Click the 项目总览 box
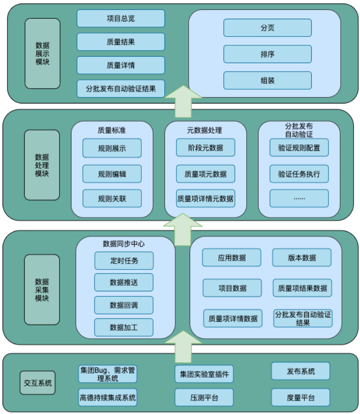[121, 19]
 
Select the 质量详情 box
[121, 65]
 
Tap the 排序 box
[267, 54]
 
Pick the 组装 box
[267, 80]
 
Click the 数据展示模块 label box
[42, 54]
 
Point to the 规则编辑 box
[112, 173]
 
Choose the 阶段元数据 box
[205, 148]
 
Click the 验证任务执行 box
[299, 173]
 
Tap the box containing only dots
[299, 198]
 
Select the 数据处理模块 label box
[42, 165]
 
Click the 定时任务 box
[124, 261]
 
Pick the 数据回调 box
[124, 305]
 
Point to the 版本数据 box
[302, 257]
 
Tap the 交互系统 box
[38, 383]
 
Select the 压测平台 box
[204, 397]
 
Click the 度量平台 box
[300, 397]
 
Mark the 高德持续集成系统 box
[108, 396]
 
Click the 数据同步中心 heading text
[124, 243]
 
